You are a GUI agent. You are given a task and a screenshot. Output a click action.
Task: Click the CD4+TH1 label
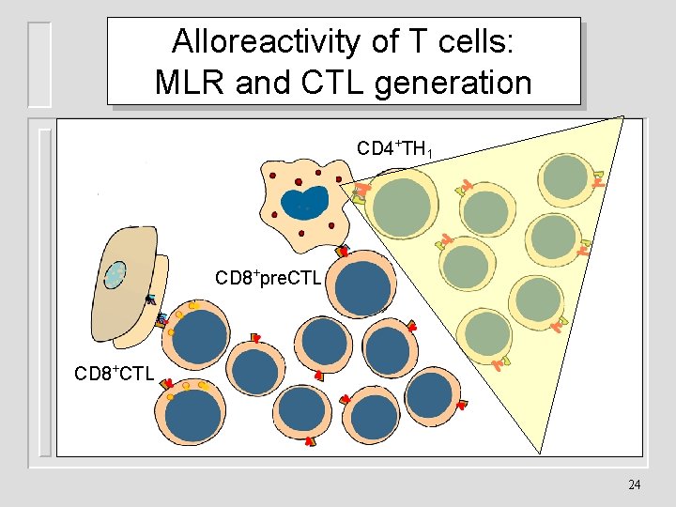(x=394, y=148)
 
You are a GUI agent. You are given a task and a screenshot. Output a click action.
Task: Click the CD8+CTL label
(x=114, y=374)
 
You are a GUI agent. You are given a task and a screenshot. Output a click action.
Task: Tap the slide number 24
(x=635, y=484)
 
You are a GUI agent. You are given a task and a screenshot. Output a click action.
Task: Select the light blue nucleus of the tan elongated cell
(x=115, y=275)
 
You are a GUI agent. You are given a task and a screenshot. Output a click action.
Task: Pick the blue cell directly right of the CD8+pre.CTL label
(x=362, y=287)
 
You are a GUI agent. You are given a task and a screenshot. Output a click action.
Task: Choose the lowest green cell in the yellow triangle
(x=487, y=333)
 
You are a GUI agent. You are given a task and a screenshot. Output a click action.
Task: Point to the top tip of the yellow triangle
(x=622, y=116)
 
